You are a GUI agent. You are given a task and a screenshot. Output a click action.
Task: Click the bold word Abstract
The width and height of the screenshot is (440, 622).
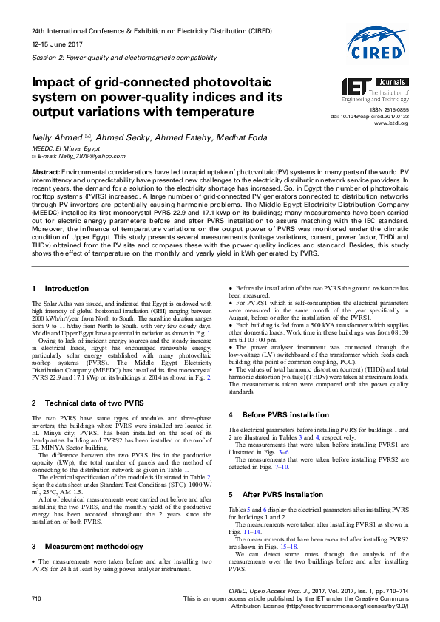click(x=46, y=171)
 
